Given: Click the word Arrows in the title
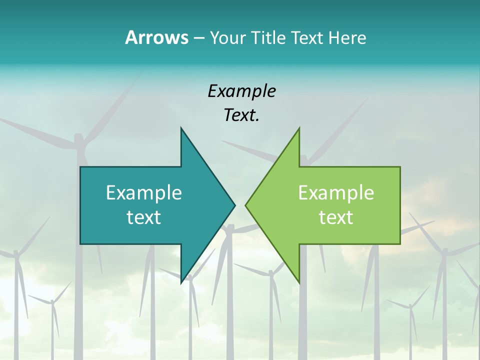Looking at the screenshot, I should pos(156,37).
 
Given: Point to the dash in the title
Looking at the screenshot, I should pos(198,38).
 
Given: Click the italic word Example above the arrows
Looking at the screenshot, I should pos(241,91).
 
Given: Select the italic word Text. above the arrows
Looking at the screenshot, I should pos(241,115).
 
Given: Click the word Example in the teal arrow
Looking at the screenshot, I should pos(144,193).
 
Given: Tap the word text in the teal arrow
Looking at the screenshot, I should pos(144,217).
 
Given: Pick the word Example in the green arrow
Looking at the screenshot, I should pos(336,193).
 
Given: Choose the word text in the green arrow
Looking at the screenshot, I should pos(336,217).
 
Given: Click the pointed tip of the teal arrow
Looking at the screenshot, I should pos(234,205).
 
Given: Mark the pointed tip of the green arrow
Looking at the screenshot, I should pos(245,205).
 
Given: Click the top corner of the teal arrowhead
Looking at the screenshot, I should pos(181,128).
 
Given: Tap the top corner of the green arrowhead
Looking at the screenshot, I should pos(299,128).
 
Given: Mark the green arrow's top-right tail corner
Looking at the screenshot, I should pos(399,167).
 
